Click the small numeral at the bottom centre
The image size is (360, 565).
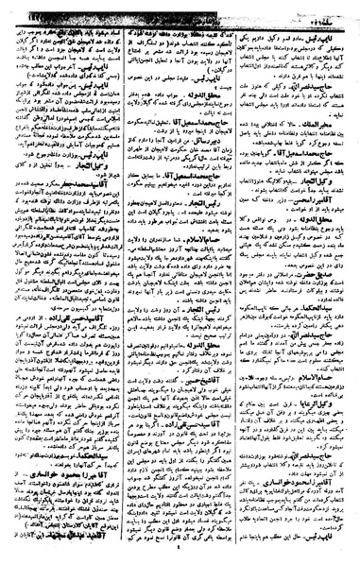coord(180,558)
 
